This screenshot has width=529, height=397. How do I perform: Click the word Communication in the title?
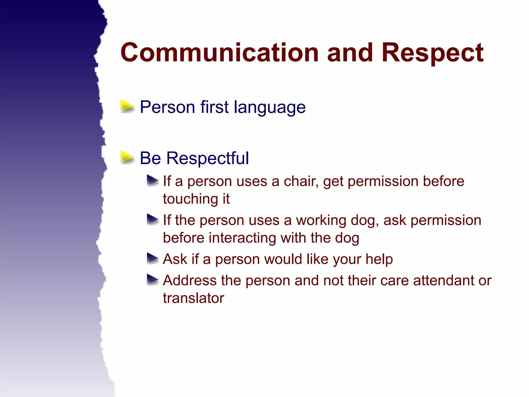[220, 53]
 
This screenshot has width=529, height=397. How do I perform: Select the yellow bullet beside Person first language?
[127, 107]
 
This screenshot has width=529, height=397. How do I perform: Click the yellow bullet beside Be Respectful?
[127, 158]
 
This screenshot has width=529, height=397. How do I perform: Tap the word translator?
[193, 298]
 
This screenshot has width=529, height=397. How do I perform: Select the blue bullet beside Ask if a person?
[152, 258]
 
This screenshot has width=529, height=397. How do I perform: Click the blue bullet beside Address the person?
[152, 280]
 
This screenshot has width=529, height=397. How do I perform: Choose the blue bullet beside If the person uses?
[152, 219]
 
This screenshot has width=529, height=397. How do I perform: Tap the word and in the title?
[350, 53]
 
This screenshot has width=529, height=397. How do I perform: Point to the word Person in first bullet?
[167, 107]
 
